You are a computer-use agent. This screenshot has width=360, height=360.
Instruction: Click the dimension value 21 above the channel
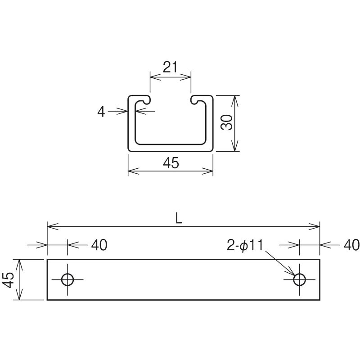(170, 67)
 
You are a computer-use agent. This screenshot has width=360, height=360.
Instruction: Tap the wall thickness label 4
(101, 112)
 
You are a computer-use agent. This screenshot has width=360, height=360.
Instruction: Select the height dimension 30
(227, 122)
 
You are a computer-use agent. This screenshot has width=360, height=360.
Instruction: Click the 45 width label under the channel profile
(171, 163)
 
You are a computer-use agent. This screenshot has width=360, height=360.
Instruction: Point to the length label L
(179, 219)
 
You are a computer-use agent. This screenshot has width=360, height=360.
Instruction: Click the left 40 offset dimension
(99, 245)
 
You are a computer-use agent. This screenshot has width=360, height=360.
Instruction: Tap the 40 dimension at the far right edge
(352, 245)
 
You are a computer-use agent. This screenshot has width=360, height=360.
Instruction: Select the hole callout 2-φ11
(245, 245)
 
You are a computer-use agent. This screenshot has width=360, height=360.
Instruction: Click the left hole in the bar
(67, 279)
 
